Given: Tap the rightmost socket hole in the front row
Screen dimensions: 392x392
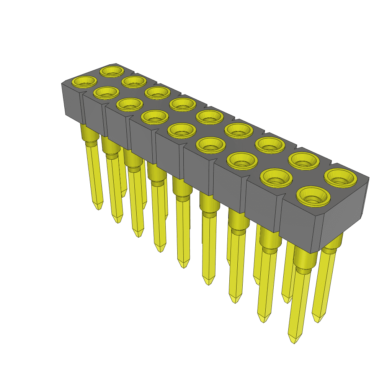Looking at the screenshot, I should (313, 197).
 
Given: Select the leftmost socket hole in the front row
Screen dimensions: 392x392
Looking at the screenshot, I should (85, 82).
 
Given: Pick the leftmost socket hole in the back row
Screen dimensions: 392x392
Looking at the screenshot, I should (112, 71).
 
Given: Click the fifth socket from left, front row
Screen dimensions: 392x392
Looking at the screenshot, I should (181, 130).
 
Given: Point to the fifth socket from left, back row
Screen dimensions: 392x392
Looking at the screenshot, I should (209, 117).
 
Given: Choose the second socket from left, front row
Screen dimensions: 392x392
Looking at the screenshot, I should (106, 92).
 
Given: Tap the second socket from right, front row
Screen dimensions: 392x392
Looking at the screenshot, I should (276, 177).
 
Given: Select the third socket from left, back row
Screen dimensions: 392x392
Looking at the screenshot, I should (157, 92).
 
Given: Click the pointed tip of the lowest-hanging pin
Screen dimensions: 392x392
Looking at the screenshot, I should (294, 340).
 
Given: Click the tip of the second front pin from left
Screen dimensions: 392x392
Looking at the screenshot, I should (118, 220).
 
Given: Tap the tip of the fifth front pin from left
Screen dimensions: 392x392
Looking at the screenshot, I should (184, 265).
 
